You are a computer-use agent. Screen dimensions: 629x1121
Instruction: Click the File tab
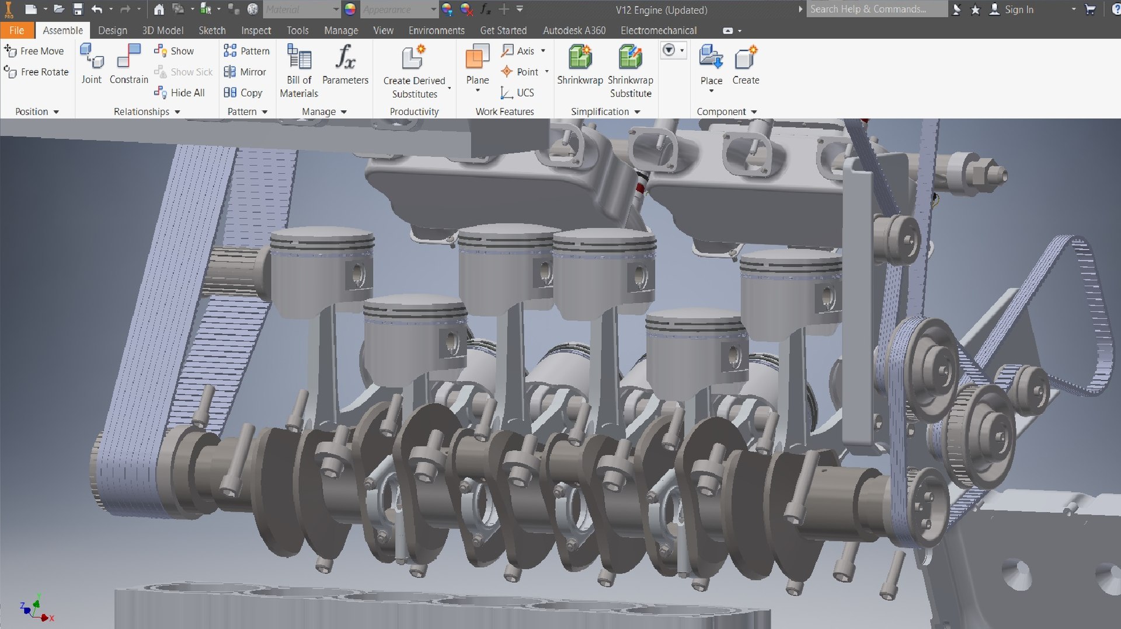tap(16, 30)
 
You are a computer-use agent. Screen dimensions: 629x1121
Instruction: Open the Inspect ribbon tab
tap(256, 30)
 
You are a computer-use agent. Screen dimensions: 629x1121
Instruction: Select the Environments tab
tap(436, 30)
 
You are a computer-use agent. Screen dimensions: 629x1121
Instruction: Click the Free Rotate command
tap(37, 72)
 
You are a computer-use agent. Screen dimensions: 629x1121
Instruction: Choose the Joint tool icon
tap(92, 57)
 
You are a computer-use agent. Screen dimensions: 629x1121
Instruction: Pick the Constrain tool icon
tap(129, 57)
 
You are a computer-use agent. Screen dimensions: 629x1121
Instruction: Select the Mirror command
tap(245, 72)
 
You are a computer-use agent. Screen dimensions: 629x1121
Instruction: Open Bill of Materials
tap(299, 58)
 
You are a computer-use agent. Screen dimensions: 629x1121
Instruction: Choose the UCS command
tap(518, 93)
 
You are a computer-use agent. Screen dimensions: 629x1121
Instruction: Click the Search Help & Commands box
tap(876, 9)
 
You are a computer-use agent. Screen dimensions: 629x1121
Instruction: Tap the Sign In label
tap(1019, 10)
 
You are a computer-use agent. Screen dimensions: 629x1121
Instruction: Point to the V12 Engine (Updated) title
tap(662, 10)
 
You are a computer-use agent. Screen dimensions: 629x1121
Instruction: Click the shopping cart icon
tap(1089, 9)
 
